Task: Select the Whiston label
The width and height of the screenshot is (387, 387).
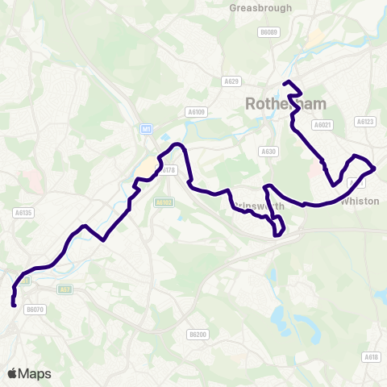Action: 360,201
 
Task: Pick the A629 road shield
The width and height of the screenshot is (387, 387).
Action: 232,81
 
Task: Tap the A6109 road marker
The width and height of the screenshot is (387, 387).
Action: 196,112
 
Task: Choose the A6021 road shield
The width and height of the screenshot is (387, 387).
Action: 323,125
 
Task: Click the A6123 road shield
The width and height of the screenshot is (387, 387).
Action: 364,122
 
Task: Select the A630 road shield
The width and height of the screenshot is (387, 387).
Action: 268,151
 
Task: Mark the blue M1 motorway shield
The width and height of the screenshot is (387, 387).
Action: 146,128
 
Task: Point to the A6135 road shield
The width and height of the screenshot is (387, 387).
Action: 23,213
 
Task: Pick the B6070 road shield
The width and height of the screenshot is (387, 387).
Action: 34,308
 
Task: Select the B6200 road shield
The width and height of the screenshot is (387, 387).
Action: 198,334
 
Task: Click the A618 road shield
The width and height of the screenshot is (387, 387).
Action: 371,357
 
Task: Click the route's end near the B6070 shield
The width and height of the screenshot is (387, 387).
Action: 14,304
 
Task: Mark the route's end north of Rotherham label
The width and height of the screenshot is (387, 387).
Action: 285,83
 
